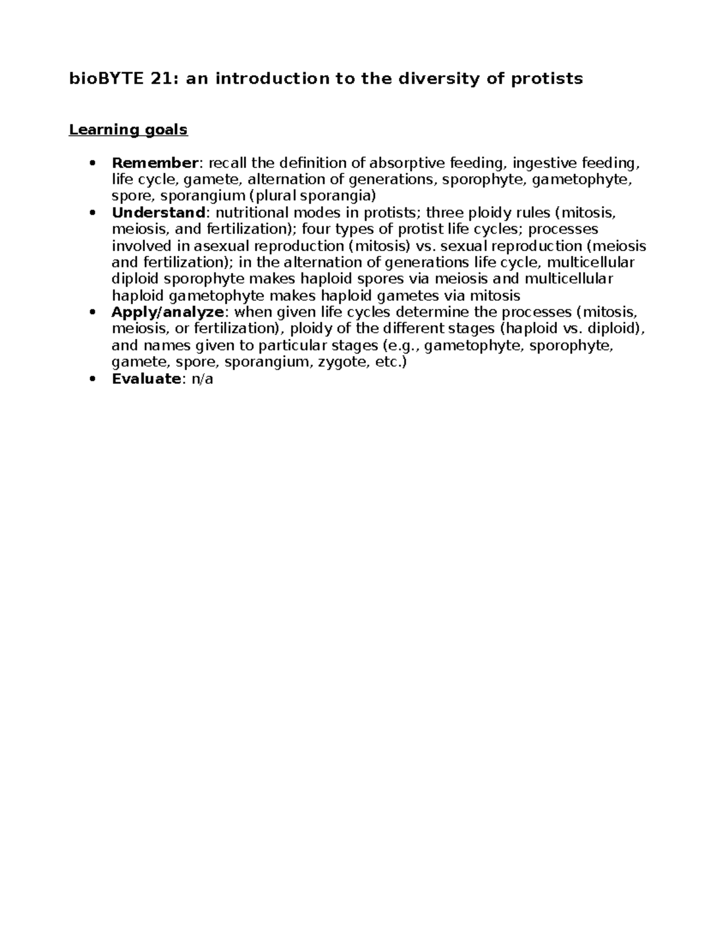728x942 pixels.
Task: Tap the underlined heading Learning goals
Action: (x=128, y=130)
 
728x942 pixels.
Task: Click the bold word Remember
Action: (x=155, y=163)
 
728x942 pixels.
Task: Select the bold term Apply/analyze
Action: (x=168, y=312)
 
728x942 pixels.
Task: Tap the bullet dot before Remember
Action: (x=92, y=163)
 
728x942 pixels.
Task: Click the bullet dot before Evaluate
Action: (x=92, y=379)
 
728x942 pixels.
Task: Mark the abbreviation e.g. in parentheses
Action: (x=406, y=346)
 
